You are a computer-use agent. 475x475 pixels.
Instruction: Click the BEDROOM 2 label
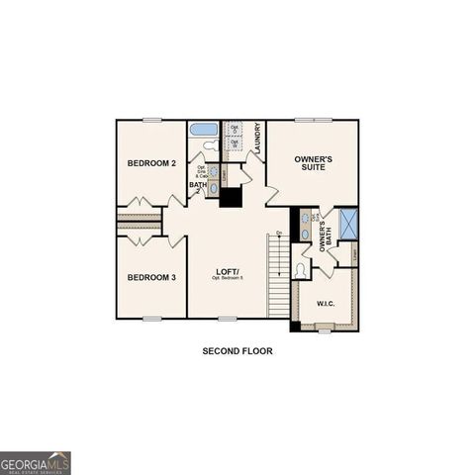(x=151, y=162)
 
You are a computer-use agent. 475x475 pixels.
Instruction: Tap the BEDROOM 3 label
(x=151, y=277)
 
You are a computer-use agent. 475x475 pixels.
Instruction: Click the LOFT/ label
(x=229, y=271)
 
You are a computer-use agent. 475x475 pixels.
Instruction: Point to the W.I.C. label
(x=325, y=303)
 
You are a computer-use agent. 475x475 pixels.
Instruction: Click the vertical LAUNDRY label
(x=257, y=138)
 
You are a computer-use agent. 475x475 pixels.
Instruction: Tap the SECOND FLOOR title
(x=237, y=350)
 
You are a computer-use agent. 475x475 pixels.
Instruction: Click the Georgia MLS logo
(x=36, y=463)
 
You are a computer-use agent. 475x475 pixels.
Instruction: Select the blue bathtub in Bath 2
(x=204, y=129)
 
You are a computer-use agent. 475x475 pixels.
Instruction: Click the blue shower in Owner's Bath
(x=347, y=224)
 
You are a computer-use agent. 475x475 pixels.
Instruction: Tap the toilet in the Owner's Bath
(x=301, y=270)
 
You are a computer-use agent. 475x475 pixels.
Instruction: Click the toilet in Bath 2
(x=210, y=145)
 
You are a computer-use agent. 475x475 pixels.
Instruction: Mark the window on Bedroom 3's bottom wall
(x=151, y=318)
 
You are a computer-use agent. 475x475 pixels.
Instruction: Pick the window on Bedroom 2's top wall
(x=151, y=120)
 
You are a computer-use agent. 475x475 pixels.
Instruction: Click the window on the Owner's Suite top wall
(x=312, y=120)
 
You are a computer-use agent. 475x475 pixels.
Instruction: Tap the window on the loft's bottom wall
(x=228, y=318)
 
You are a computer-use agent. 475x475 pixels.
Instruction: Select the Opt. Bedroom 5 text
(x=229, y=279)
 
